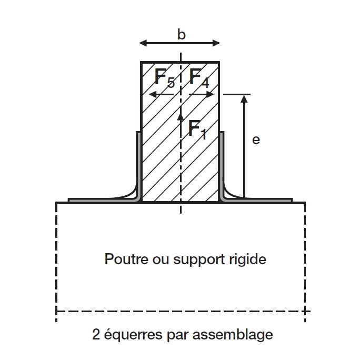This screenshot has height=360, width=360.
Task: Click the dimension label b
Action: point(181,35)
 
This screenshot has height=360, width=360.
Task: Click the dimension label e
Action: point(256,140)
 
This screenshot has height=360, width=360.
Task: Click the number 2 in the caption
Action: point(96,334)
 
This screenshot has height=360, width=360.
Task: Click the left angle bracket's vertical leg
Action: point(139,163)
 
